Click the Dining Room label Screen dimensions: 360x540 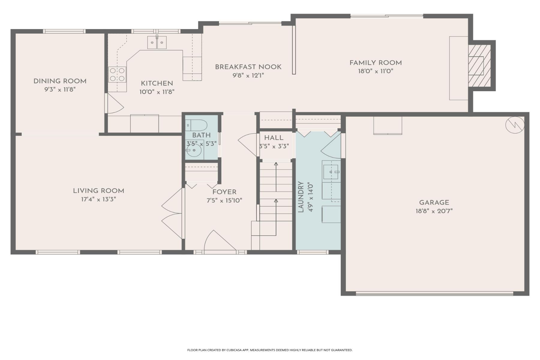pyautogui.click(x=60, y=81)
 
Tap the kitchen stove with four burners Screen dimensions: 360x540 pyautogui.click(x=117, y=75)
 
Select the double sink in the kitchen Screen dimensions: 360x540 pyautogui.click(x=157, y=43)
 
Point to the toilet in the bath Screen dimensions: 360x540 pyautogui.click(x=196, y=124)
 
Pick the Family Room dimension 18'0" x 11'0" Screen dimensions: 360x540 pyautogui.click(x=375, y=71)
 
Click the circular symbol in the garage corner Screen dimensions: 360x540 pyautogui.click(x=515, y=125)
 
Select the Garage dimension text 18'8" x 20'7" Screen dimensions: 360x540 pyautogui.click(x=434, y=211)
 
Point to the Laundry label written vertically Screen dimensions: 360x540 pyautogui.click(x=301, y=197)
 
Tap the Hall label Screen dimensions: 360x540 pyautogui.click(x=274, y=138)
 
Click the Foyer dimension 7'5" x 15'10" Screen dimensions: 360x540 pyautogui.click(x=224, y=201)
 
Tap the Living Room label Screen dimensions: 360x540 pyautogui.click(x=98, y=191)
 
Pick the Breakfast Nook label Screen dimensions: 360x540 pyautogui.click(x=248, y=67)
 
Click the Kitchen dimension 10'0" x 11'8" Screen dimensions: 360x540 pyautogui.click(x=157, y=92)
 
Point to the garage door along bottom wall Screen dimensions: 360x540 pyautogui.click(x=434, y=293)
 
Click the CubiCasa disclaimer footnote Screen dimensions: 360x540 pyautogui.click(x=270, y=350)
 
